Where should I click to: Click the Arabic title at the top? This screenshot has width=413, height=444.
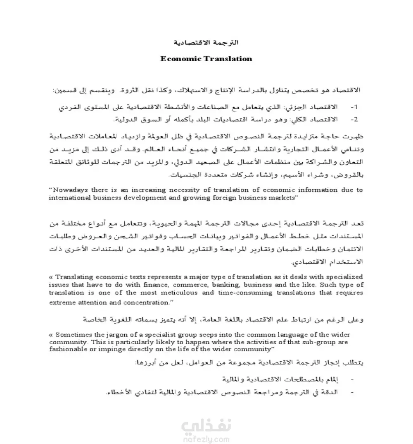coord(205,43)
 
